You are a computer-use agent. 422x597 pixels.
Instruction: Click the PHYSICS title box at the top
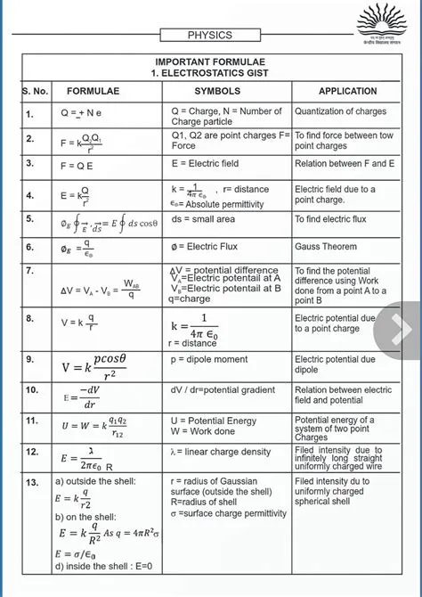[x=210, y=36]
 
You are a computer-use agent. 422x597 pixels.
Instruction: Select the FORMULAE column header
[x=93, y=92]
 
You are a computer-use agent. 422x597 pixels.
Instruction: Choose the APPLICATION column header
[x=342, y=92]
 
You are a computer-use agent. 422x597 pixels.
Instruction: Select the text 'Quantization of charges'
[x=341, y=111]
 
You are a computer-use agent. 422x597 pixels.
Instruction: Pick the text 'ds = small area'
[x=204, y=219]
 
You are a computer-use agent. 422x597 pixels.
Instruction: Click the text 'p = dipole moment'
[x=209, y=359]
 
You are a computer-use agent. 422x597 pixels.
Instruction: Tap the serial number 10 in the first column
[x=32, y=390]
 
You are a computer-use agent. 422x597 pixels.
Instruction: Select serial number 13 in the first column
[x=32, y=482]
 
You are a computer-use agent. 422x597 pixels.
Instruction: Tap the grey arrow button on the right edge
[x=400, y=331]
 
